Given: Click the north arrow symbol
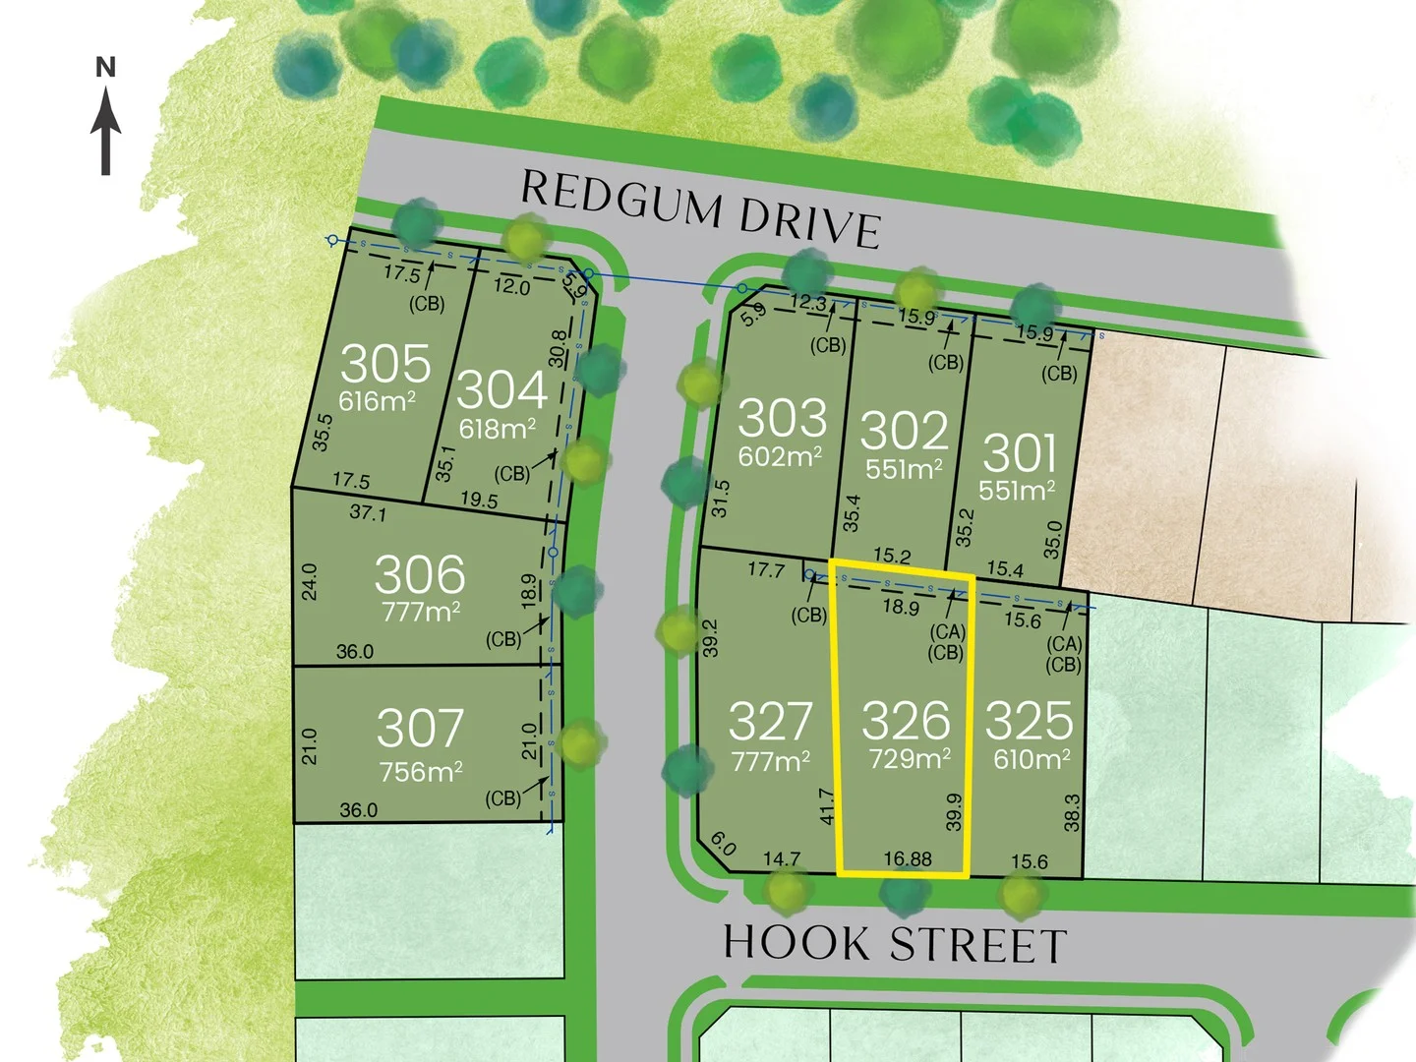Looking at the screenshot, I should tap(106, 124).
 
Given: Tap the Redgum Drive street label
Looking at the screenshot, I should tap(699, 209).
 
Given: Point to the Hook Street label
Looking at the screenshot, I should tap(895, 944).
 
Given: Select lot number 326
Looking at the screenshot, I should tap(906, 721).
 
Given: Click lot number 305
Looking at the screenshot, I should tap(385, 363).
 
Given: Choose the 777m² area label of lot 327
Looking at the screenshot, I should tap(771, 761).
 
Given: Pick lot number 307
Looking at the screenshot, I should tap(420, 729).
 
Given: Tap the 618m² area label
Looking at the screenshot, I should tap(498, 429).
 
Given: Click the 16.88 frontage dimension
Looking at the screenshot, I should tap(908, 859).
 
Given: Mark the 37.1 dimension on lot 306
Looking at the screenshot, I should tap(368, 512).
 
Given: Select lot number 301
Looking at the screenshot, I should tap(1020, 453).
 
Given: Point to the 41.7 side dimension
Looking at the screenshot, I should tap(827, 805).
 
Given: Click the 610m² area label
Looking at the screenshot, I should tap(1032, 759).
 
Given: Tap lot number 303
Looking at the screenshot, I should tap(782, 418).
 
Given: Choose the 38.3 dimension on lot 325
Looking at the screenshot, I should tap(1072, 812).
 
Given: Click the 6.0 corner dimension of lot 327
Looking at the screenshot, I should tap(723, 844).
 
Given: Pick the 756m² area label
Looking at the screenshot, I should tap(421, 772).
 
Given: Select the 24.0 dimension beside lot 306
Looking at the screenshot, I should tap(310, 581).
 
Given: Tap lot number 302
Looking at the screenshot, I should tap(905, 431).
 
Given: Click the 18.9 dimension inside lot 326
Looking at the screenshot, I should tap(901, 606).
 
